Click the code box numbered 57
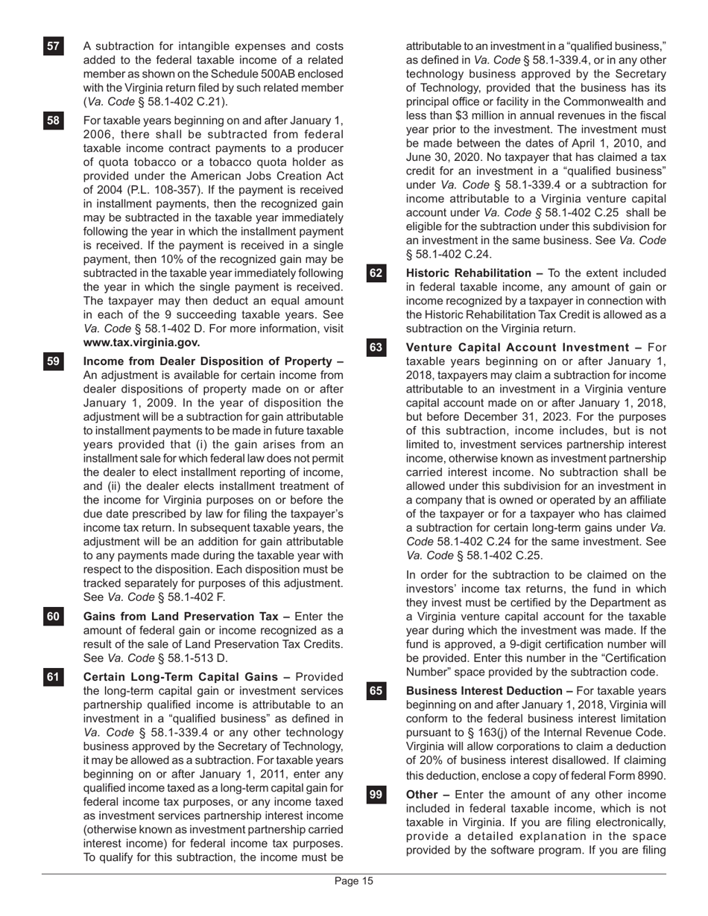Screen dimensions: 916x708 [53, 47]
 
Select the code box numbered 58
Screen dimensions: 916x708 [53, 121]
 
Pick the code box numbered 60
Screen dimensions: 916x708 [53, 617]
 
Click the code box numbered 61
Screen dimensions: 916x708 [53, 677]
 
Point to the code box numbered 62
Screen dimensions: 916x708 [376, 274]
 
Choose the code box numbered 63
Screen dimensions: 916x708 [376, 348]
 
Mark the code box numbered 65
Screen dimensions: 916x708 [376, 691]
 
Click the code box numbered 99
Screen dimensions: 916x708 [376, 795]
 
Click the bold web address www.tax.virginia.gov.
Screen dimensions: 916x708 [142, 343]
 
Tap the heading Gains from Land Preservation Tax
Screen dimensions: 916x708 [187, 617]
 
